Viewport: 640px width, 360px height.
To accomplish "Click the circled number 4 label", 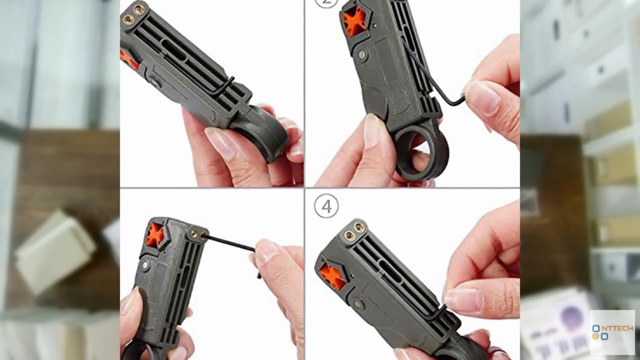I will (326, 206).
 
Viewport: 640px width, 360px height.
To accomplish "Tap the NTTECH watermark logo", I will (612, 332).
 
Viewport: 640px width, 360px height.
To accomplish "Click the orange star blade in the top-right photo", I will (354, 21).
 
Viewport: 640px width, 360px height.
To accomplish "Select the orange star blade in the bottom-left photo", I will (155, 234).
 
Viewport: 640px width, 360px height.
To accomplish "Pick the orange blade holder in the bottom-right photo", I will (332, 276).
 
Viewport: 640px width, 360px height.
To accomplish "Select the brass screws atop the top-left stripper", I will (133, 13).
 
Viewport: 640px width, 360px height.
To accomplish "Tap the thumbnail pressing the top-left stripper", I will (220, 142).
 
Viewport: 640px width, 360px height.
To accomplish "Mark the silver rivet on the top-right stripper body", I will (362, 54).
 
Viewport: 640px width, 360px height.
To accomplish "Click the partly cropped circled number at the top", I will (326, 2).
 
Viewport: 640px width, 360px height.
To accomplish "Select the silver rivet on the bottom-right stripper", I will (358, 303).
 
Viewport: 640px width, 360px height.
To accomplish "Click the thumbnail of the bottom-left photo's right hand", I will (266, 251).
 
